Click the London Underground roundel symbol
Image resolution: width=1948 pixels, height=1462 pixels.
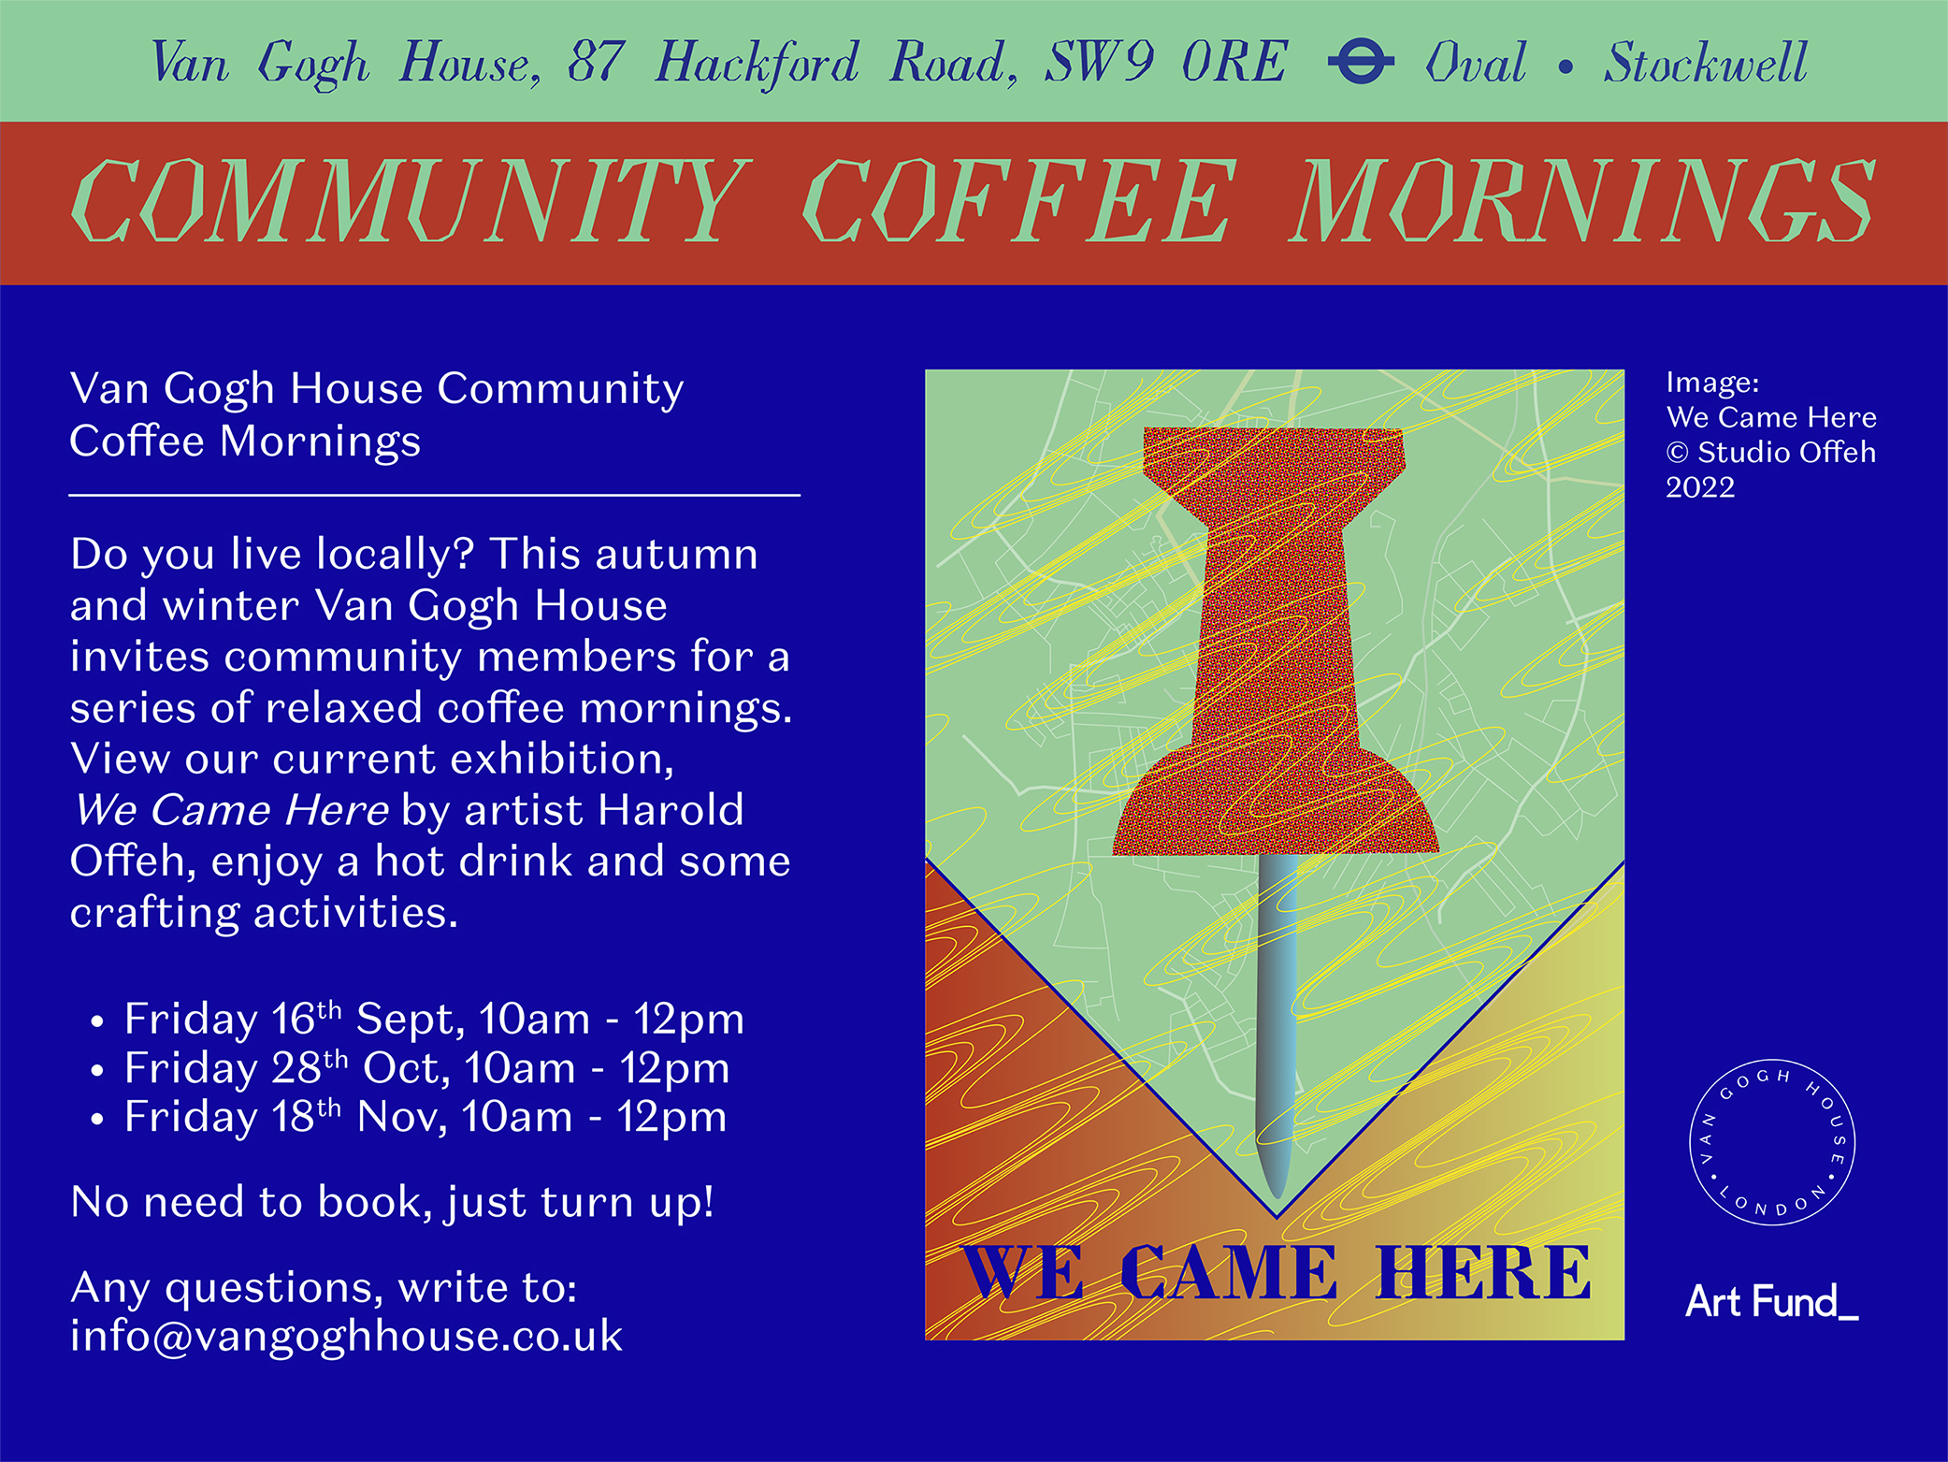(1361, 62)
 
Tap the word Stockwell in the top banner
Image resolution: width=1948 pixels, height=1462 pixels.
(1706, 63)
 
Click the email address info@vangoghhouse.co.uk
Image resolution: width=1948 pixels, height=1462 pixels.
(346, 1337)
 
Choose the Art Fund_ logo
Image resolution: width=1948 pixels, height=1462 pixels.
(1771, 1301)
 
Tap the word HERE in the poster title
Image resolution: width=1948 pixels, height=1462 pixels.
(1482, 1273)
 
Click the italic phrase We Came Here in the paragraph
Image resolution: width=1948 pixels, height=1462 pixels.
(231, 810)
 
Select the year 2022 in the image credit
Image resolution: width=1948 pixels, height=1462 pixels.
(1700, 487)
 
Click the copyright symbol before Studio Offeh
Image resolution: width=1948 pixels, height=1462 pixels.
(1678, 453)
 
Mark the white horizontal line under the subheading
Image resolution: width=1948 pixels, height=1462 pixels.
(435, 495)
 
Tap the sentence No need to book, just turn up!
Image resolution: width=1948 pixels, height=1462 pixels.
(393, 1203)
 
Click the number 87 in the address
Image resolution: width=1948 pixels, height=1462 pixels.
(596, 63)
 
